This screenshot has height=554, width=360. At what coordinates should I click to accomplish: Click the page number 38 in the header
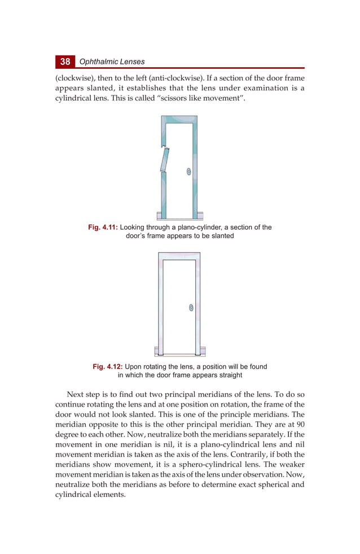tap(65, 61)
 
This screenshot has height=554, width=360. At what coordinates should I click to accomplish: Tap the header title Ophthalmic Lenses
tap(112, 62)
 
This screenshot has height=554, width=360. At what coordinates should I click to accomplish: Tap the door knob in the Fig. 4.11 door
tap(188, 171)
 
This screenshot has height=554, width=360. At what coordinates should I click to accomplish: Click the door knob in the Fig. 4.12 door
tap(191, 308)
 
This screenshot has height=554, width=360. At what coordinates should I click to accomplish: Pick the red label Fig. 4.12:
tap(107, 367)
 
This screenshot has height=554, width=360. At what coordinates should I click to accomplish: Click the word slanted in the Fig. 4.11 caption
tap(220, 236)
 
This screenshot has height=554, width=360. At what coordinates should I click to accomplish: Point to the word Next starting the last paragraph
tap(76, 394)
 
